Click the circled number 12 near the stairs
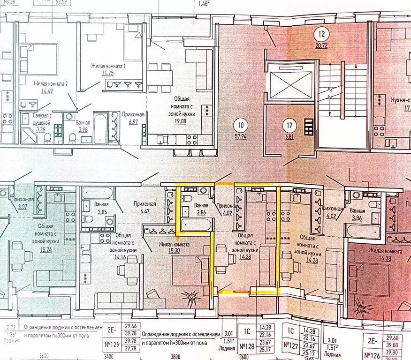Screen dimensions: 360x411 321,34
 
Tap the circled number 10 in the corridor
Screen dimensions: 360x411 241,125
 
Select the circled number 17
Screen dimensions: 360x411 290,125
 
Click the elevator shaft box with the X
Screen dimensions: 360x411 288,86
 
